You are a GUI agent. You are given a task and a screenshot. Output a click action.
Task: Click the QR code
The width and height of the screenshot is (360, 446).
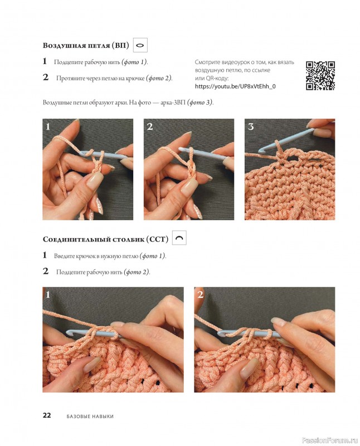[320, 75]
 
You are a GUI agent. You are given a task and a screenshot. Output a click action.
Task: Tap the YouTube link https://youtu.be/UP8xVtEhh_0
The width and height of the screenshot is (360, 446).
[235, 86]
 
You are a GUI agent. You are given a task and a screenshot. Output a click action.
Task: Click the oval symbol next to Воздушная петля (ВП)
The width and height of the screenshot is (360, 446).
[140, 45]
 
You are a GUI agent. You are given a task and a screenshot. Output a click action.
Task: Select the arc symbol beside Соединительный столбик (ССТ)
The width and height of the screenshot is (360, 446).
[179, 238]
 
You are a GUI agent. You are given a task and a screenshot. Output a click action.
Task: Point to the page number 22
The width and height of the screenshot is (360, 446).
[47, 415]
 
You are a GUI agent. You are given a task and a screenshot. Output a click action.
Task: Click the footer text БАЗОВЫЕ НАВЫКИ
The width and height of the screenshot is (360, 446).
[90, 416]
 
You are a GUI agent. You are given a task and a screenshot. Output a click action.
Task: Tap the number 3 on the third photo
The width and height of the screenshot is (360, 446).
[251, 127]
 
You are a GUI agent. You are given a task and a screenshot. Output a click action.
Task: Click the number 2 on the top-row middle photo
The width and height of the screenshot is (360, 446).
[150, 127]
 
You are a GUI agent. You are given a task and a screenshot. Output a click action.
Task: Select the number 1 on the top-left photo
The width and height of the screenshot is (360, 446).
[48, 127]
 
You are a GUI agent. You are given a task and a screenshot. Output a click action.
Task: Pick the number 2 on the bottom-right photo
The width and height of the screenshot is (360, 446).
[200, 295]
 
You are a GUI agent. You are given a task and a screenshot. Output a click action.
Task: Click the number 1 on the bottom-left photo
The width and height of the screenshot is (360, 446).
[48, 295]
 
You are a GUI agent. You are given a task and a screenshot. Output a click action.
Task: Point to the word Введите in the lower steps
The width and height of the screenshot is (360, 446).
[64, 256]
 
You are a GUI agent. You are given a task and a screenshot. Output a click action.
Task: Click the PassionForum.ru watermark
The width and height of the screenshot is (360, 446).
[330, 440]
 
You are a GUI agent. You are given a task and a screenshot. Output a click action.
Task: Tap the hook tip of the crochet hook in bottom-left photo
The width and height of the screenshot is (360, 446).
[69, 332]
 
